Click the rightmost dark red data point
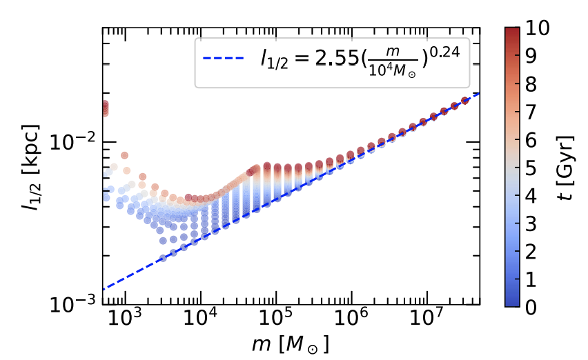click(465, 100)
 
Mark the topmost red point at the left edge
click(104, 104)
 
